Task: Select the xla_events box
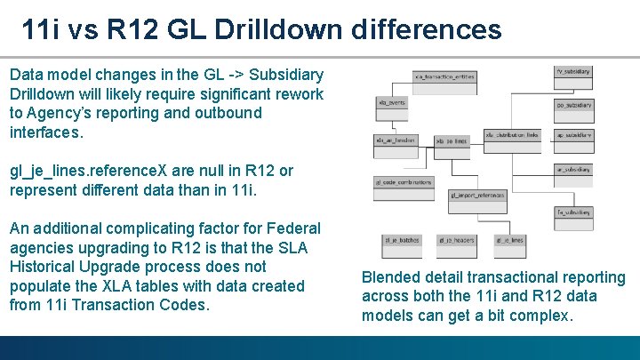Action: pyautogui.click(x=391, y=103)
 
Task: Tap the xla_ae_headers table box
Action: pyautogui.click(x=395, y=140)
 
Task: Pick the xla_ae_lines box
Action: pyautogui.click(x=451, y=141)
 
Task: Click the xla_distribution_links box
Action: pyautogui.click(x=512, y=135)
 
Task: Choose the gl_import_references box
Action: pyautogui.click(x=476, y=194)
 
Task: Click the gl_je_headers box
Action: pyautogui.click(x=456, y=240)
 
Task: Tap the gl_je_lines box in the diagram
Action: pyautogui.click(x=508, y=240)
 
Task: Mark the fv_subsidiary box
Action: pyautogui.click(x=573, y=70)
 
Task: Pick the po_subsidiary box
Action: pyautogui.click(x=573, y=104)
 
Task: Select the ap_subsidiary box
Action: pyautogui.click(x=573, y=135)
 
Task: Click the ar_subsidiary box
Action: pyautogui.click(x=573, y=169)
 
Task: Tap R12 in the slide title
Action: pyautogui.click(x=131, y=30)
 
